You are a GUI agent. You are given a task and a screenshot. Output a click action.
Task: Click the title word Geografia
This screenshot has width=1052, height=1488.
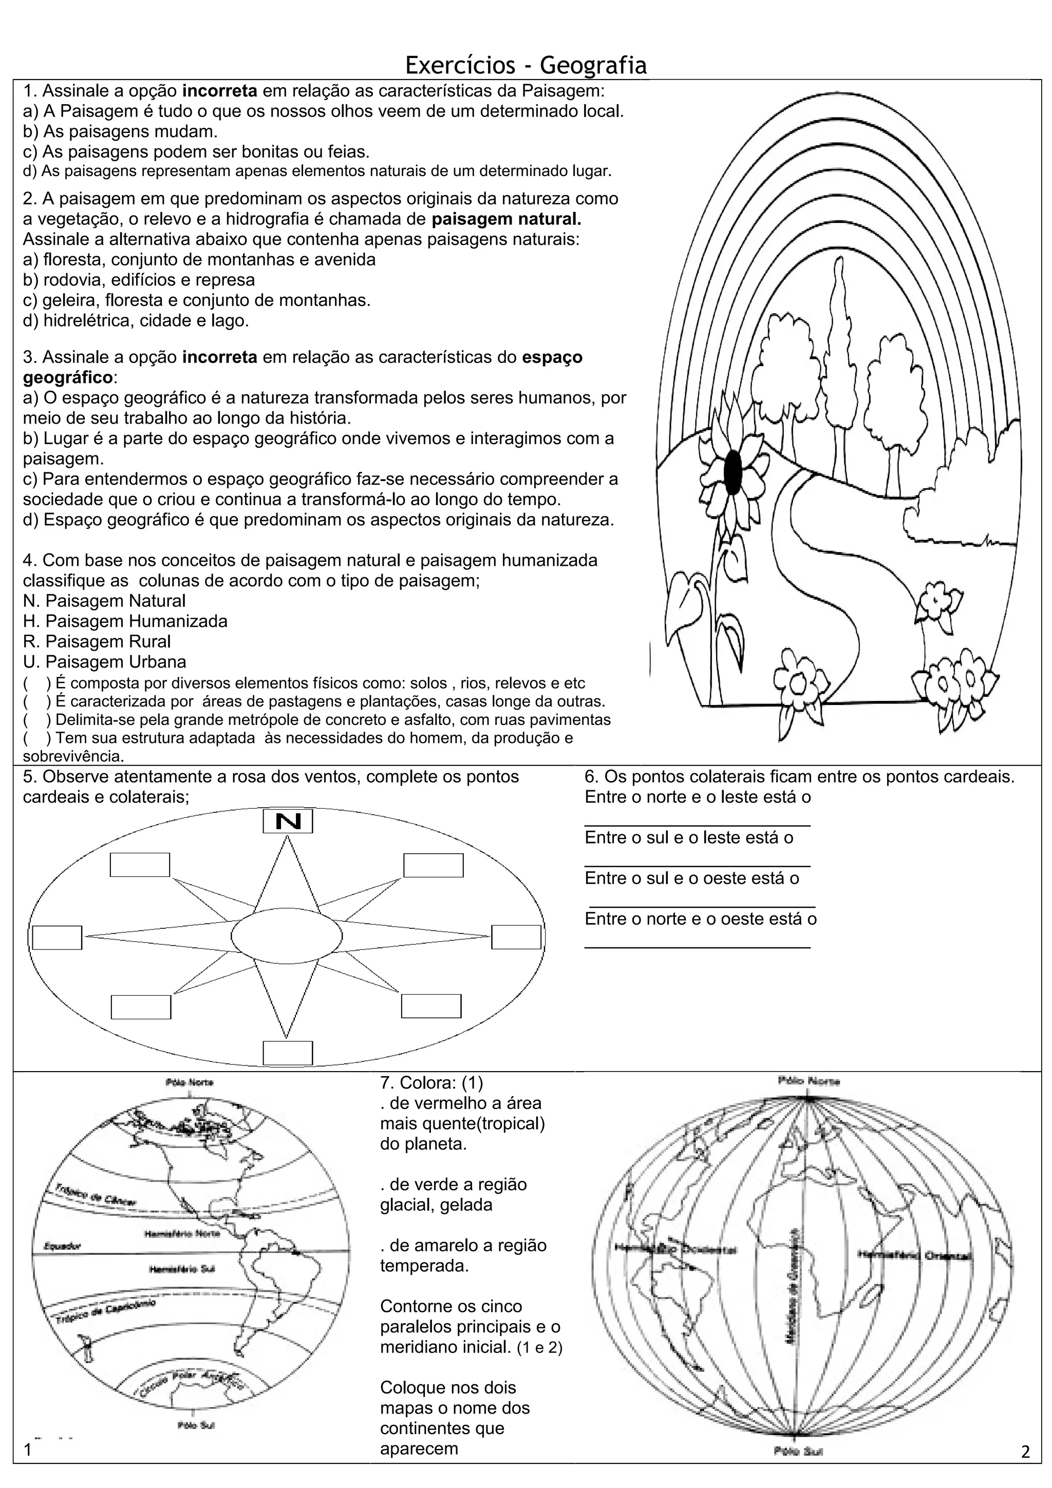[593, 65]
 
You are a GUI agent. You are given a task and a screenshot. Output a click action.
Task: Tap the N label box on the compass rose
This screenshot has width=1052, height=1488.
[288, 821]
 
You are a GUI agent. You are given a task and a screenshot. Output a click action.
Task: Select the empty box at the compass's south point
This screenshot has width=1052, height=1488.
[288, 1053]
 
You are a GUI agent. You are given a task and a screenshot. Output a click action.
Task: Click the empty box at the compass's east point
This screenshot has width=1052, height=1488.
[516, 937]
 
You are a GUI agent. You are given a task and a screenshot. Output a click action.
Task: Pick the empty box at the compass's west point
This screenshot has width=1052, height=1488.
[57, 938]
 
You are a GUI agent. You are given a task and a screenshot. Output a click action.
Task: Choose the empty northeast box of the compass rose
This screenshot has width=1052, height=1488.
[433, 865]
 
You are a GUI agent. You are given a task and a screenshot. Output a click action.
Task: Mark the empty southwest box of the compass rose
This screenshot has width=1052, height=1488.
[141, 1006]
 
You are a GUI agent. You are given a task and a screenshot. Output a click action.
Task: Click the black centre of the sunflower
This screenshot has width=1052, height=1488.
[732, 472]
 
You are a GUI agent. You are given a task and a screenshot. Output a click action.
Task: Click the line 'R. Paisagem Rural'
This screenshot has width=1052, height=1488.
[97, 642]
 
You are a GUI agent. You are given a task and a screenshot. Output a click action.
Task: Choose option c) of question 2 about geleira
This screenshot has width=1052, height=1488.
[196, 300]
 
